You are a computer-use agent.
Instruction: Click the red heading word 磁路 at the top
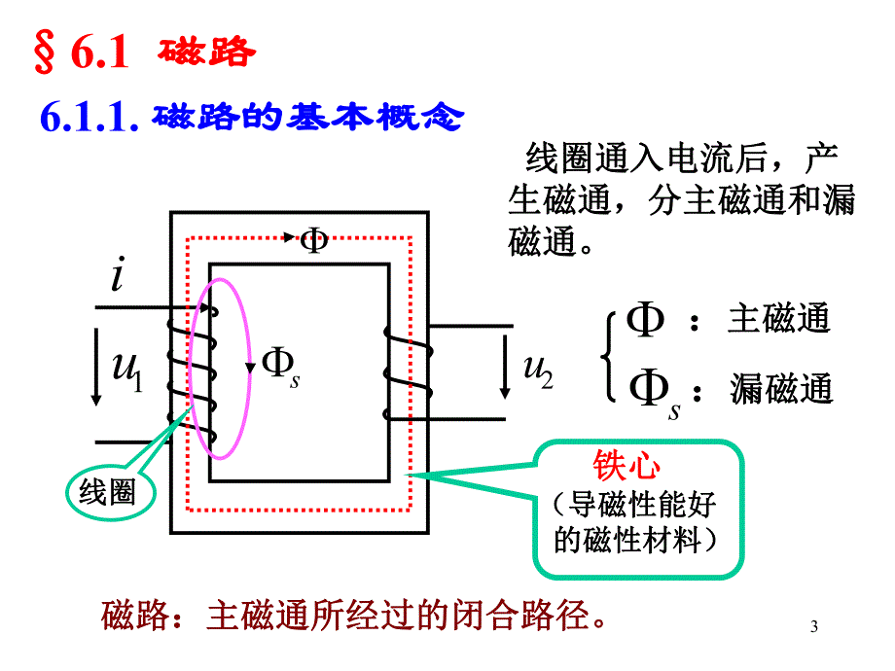click(206, 53)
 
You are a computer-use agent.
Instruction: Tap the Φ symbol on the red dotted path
click(314, 239)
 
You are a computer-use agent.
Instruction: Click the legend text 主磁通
click(779, 320)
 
